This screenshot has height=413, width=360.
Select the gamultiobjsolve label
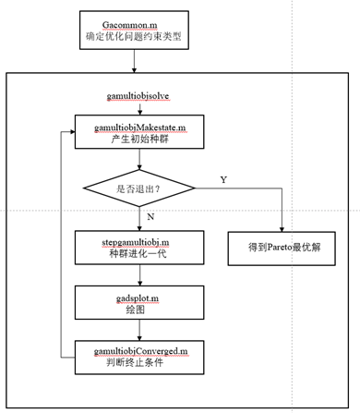pyautogui.click(x=137, y=96)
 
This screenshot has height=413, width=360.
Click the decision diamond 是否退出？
pyautogui.click(x=138, y=188)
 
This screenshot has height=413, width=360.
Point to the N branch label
pyautogui.click(x=150, y=217)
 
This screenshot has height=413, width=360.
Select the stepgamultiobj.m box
pyautogui.click(x=138, y=248)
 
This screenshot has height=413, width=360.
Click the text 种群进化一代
pyautogui.click(x=138, y=254)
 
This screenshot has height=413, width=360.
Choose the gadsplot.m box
pyautogui.click(x=138, y=301)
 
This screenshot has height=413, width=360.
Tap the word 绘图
pyautogui.click(x=138, y=309)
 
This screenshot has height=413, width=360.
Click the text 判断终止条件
pyautogui.click(x=138, y=363)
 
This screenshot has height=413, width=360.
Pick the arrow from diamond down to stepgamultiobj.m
pyautogui.click(x=138, y=220)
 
